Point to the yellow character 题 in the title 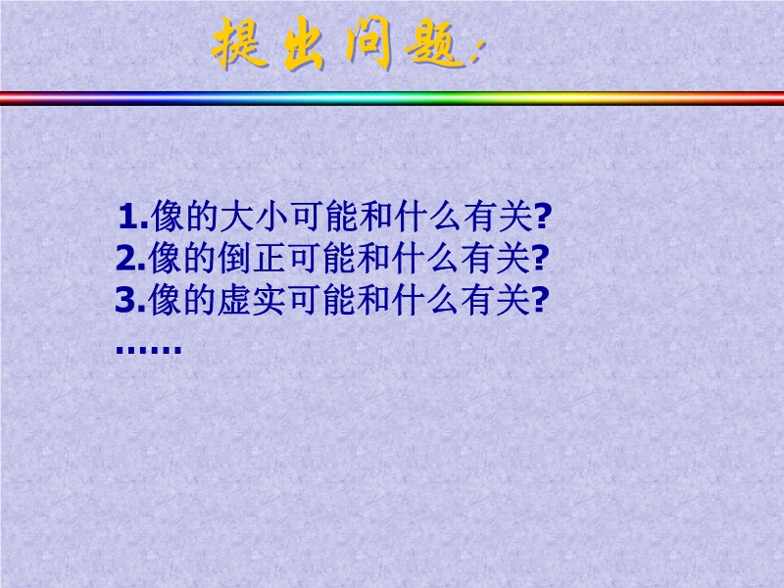click(434, 45)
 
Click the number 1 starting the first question click(128, 217)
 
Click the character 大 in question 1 click(237, 217)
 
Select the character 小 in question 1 click(272, 217)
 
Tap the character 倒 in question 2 click(235, 258)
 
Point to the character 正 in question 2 click(270, 258)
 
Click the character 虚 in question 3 click(235, 300)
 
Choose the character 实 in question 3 click(270, 300)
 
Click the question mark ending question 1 click(542, 217)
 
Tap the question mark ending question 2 click(540, 258)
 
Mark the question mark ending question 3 click(540, 300)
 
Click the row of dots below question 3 click(149, 349)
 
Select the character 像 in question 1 click(168, 217)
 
